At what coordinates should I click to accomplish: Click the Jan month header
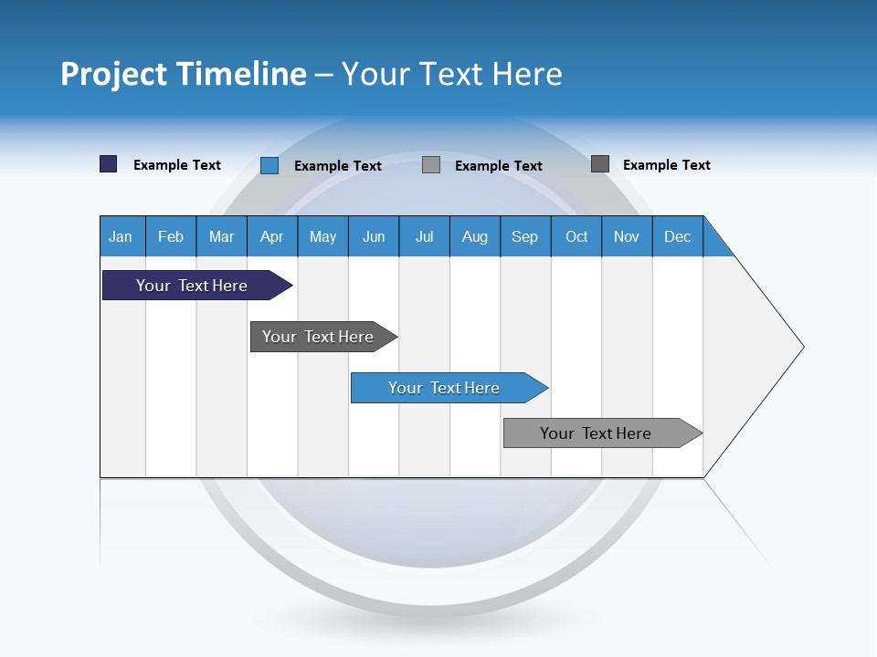[x=122, y=236]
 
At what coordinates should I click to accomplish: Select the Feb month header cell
[x=171, y=236]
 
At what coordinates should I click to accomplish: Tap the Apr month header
[x=272, y=236]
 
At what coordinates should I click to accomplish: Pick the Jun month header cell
[x=374, y=236]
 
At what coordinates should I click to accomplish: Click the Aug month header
[x=475, y=236]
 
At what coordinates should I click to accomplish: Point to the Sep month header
[x=525, y=236]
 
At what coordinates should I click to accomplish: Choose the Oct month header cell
[x=576, y=236]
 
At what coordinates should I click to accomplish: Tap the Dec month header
[x=678, y=236]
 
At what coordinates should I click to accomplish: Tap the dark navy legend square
[x=109, y=164]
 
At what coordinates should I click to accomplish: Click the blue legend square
[x=269, y=165]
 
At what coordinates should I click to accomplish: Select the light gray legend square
[x=431, y=165]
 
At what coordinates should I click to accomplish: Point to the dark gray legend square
[x=600, y=164]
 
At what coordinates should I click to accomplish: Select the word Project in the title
[x=113, y=74]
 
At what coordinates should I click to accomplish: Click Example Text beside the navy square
[x=177, y=165]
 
